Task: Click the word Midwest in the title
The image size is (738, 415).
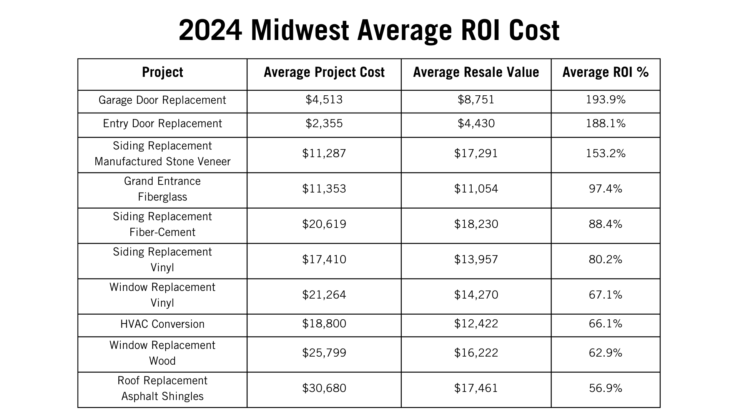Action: pyautogui.click(x=300, y=31)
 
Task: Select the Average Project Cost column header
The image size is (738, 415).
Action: pyautogui.click(x=324, y=73)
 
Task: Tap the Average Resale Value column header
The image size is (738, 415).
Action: pyautogui.click(x=476, y=73)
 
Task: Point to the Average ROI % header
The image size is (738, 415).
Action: pyautogui.click(x=605, y=73)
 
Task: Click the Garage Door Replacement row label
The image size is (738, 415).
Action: pyautogui.click(x=162, y=100)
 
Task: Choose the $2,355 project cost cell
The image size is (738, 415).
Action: pyautogui.click(x=324, y=124)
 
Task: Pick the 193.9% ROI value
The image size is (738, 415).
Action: pyautogui.click(x=605, y=100)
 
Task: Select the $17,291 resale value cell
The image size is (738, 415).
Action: pyautogui.click(x=476, y=154)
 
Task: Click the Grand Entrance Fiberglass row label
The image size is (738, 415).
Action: pyautogui.click(x=162, y=189)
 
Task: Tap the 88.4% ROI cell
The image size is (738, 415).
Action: pyautogui.click(x=605, y=224)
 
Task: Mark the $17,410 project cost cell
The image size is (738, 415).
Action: pyautogui.click(x=324, y=260)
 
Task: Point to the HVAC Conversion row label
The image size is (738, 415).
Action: pyautogui.click(x=162, y=324)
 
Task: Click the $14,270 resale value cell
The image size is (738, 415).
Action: pyautogui.click(x=476, y=295)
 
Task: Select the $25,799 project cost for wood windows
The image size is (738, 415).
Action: pyautogui.click(x=324, y=353)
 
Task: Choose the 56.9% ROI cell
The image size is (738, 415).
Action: pyautogui.click(x=605, y=388)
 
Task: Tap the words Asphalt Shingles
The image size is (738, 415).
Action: pyautogui.click(x=162, y=397)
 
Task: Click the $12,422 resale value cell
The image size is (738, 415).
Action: pyautogui.click(x=476, y=324)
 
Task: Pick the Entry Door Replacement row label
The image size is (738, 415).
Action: pyautogui.click(x=162, y=124)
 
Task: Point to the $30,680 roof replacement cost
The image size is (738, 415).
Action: pyautogui.click(x=324, y=388)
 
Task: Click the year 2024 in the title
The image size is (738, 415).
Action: pyautogui.click(x=210, y=31)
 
